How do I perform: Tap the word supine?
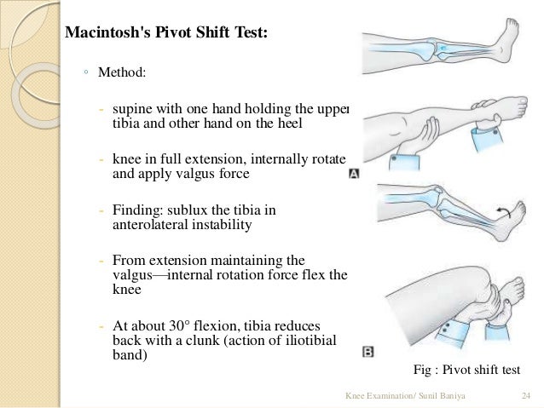(x=133, y=109)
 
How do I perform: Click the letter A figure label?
(x=356, y=174)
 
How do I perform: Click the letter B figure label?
(x=367, y=350)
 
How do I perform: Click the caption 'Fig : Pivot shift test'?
(x=466, y=370)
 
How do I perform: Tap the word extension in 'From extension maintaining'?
(x=173, y=260)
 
